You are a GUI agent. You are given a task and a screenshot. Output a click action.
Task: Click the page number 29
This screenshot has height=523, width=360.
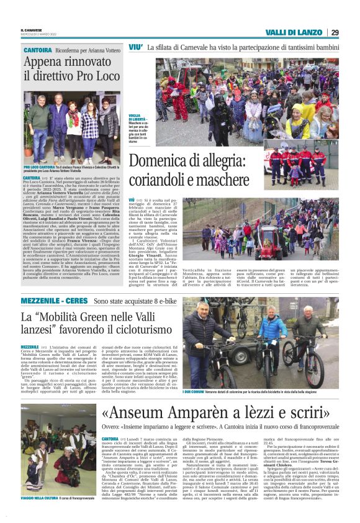[335, 33]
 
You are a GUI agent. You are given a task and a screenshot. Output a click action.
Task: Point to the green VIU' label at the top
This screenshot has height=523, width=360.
[135, 47]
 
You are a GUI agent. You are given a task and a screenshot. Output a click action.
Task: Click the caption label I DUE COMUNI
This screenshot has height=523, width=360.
[192, 391]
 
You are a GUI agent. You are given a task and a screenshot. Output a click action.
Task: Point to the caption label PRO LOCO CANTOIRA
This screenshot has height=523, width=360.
[41, 167]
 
